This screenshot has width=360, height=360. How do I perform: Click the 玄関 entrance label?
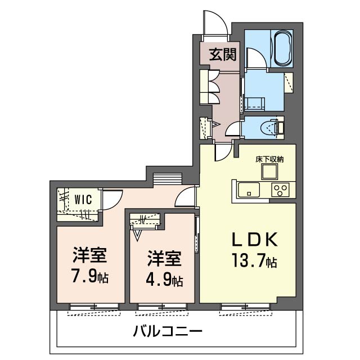pos(223,55)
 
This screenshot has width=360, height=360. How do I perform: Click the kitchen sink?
pos(247,190)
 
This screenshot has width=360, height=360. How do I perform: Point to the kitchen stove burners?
pos(280,190)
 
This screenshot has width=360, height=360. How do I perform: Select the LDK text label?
pos(256,240)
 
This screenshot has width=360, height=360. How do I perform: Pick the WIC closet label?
pos(84,198)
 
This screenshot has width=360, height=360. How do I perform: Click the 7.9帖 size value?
pos(89,277)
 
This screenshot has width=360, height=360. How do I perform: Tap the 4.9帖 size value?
pos(164,279)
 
